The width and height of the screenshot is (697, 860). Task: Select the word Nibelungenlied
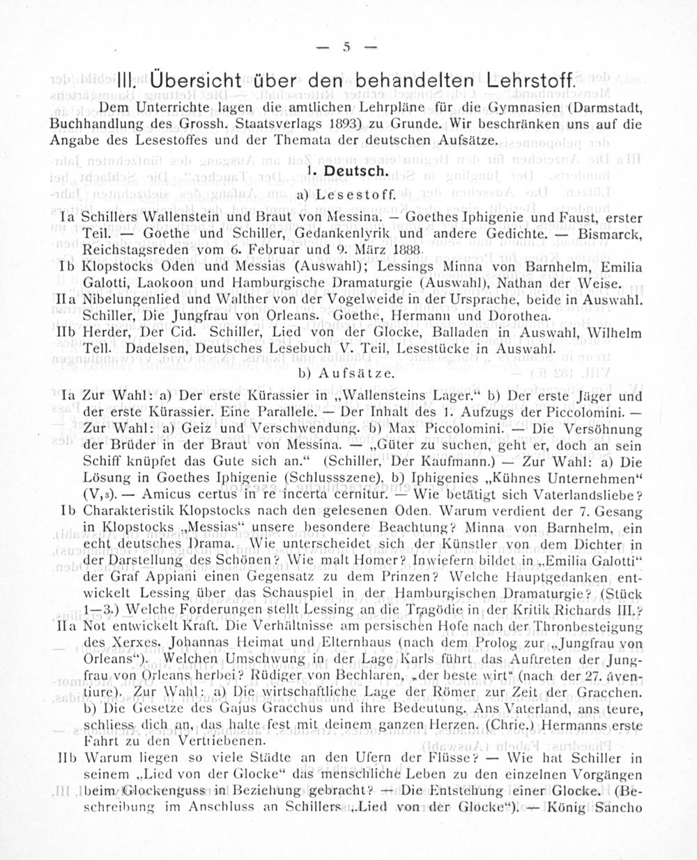125,300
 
